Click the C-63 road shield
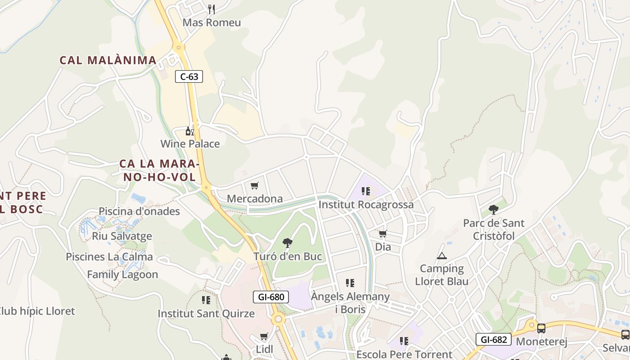[189, 76]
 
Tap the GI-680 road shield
[270, 297]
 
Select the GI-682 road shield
[494, 339]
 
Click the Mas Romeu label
[211, 22]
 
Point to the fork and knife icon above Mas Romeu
[211, 9]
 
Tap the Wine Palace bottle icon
[190, 131]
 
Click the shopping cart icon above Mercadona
[255, 185]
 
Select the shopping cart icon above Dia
[383, 234]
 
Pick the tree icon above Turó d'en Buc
[288, 243]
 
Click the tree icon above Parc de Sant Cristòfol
[494, 209]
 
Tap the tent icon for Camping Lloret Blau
[441, 256]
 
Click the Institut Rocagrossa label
[366, 205]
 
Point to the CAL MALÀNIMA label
[108, 60]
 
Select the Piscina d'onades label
[139, 211]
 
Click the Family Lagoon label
[122, 274]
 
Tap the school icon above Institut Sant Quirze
[206, 300]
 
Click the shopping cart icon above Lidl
[264, 336]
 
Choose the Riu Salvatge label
[122, 236]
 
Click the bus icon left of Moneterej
[541, 328]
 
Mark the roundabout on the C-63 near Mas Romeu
[179, 47]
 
